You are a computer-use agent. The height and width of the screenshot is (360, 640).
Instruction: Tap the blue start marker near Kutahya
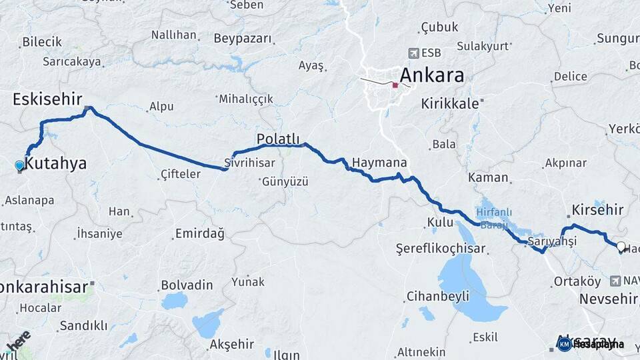(x=19, y=165)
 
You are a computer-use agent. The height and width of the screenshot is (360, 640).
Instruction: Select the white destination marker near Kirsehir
(x=621, y=247)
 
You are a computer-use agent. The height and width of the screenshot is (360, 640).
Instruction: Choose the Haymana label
(x=379, y=163)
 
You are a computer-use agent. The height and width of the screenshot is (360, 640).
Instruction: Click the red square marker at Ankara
(x=395, y=85)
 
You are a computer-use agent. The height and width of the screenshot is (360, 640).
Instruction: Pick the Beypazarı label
(x=243, y=39)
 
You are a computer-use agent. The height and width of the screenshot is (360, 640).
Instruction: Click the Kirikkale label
(x=451, y=104)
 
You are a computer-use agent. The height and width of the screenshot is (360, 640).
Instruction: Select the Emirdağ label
(x=200, y=233)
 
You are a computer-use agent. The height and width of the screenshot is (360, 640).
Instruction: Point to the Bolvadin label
(x=187, y=285)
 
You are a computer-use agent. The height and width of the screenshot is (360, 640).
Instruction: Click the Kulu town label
(x=440, y=221)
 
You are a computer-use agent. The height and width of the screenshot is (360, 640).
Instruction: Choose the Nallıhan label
(x=174, y=35)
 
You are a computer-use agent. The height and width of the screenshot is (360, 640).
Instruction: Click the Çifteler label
(x=181, y=175)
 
